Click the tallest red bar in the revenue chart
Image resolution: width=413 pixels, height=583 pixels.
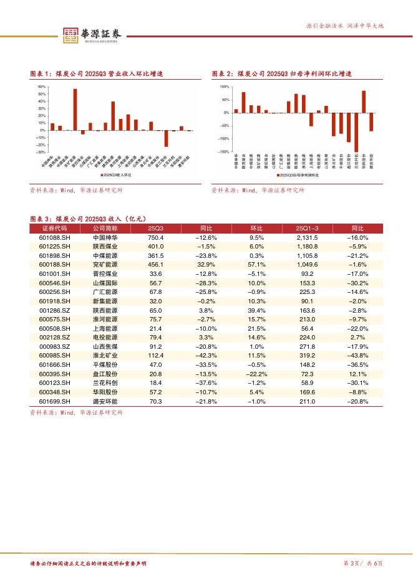(75, 110)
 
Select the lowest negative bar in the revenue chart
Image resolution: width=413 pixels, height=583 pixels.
(166, 138)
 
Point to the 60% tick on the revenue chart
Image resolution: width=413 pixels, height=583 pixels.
(42, 87)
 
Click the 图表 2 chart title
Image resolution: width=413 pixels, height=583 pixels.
(282, 73)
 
